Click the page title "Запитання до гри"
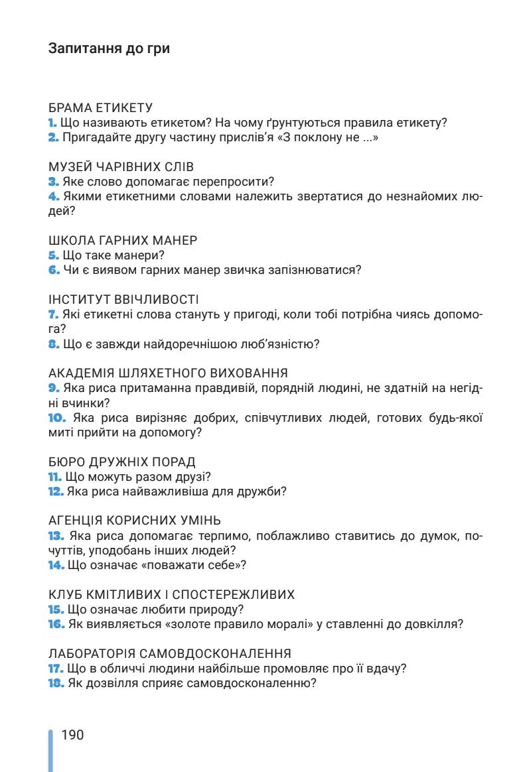(x=109, y=48)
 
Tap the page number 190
(x=72, y=735)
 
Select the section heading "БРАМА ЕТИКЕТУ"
(x=101, y=107)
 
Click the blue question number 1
(x=53, y=123)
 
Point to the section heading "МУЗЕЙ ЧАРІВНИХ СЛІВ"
(x=121, y=166)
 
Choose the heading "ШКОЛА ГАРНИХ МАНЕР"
(x=123, y=240)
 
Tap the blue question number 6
(x=54, y=269)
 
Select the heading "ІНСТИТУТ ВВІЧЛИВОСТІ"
(x=123, y=299)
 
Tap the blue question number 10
(x=57, y=417)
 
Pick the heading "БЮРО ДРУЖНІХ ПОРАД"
(x=122, y=462)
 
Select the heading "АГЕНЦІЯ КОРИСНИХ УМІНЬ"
(x=135, y=521)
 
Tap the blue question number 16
(x=56, y=624)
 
